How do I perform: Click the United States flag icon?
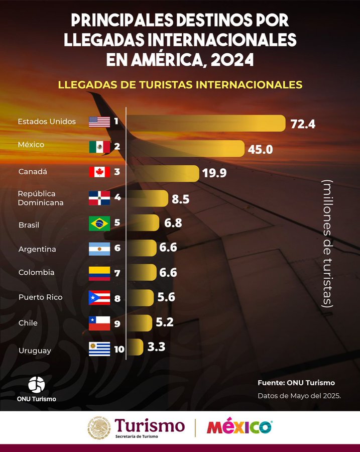coord(99,122)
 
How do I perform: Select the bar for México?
coord(186,148)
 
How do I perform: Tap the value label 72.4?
coord(303,124)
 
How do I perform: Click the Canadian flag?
coord(99,172)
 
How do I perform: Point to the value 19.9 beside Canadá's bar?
coord(214,173)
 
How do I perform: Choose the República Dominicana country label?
coord(41,198)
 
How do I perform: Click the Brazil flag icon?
coord(99,223)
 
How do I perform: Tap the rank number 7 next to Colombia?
coord(117,274)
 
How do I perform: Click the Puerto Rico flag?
coord(99,298)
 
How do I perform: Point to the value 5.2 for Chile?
coord(165,322)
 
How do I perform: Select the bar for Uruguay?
coord(134,347)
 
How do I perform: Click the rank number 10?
coord(119,349)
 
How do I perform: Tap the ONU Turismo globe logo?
coord(36,384)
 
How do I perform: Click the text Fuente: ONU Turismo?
coord(296,383)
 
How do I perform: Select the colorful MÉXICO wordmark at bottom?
coord(239,427)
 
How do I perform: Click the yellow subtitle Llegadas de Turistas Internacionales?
coord(180,84)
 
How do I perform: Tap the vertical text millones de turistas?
coord(328,243)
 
